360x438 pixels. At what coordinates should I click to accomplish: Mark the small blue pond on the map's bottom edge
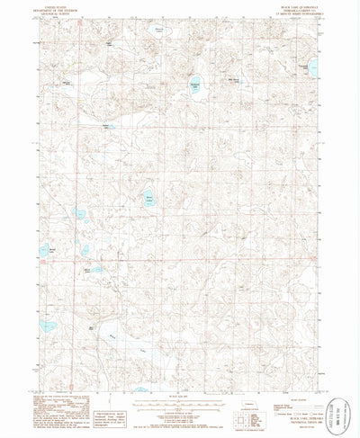tap(141, 389)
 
